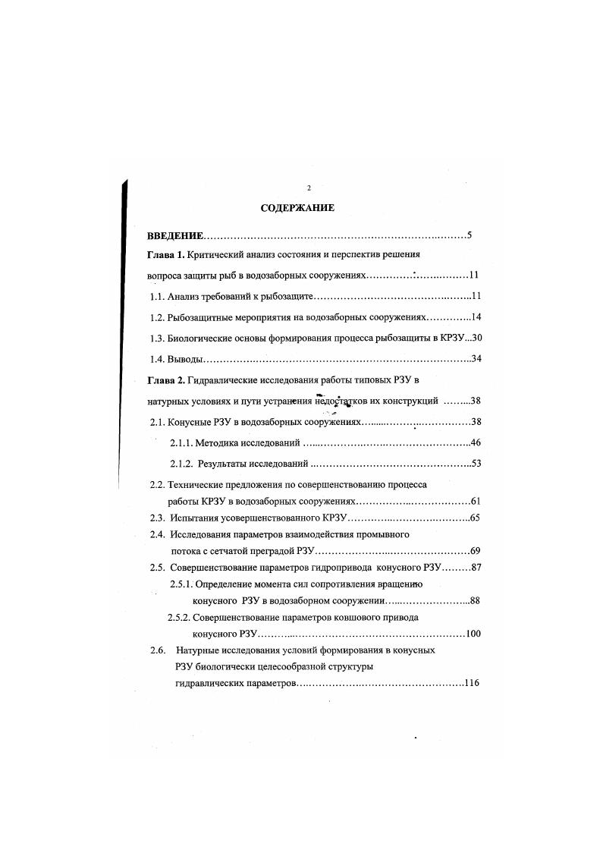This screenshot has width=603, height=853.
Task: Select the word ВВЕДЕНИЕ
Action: click(176, 236)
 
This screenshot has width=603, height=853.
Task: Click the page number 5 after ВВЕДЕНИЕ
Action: click(470, 236)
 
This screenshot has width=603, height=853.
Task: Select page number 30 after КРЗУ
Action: click(477, 338)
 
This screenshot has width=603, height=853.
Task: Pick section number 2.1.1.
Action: click(181, 442)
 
